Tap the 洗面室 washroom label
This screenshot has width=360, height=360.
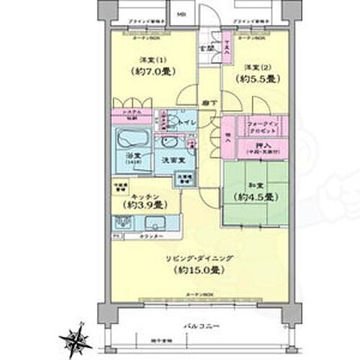coord(170,158)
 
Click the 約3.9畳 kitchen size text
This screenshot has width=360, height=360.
coord(146,205)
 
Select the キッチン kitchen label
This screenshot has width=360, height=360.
coord(146,194)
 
